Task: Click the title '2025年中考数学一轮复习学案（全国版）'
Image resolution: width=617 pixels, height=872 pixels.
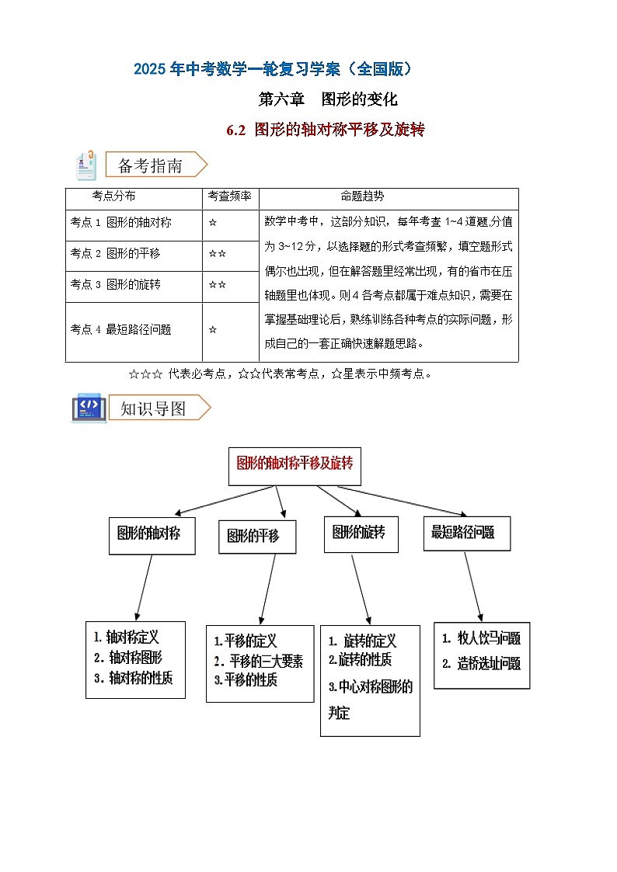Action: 273,69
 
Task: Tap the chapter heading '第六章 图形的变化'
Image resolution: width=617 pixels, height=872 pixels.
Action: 327,99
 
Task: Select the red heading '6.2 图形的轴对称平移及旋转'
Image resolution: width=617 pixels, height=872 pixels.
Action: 326,130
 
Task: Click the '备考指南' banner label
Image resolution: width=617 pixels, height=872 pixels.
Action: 150,165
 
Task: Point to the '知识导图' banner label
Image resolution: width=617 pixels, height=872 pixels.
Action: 153,408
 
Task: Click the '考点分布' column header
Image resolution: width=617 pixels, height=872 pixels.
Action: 113,196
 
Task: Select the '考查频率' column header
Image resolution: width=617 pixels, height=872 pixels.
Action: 229,196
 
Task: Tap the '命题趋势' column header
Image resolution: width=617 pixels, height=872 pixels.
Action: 362,196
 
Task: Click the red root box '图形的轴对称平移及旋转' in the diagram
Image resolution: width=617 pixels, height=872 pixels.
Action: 295,464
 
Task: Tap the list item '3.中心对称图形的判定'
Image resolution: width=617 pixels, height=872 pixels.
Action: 370,699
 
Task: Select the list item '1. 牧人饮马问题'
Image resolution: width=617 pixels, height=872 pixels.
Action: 481,639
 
